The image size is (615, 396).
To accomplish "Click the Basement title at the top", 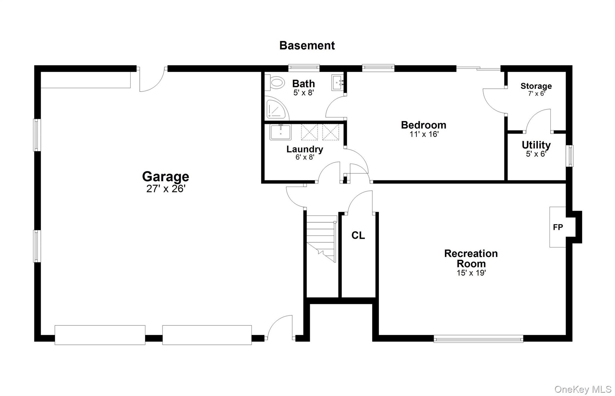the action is coord(307,45).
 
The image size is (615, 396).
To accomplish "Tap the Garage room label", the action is coord(165,177).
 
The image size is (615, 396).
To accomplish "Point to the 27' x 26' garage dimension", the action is coord(166,189).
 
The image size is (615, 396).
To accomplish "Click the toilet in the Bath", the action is coord(277,83).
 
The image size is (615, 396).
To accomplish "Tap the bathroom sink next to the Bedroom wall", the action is coord(338,82).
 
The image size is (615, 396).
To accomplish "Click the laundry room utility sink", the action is coord(280,132).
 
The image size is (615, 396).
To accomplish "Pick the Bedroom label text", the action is coord(423,125).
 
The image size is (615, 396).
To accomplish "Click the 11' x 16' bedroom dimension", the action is coord(424,134).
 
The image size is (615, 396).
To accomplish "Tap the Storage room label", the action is coord(536,86).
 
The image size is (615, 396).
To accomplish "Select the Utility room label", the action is coord(536,145).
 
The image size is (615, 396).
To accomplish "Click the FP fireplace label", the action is coord(558,227).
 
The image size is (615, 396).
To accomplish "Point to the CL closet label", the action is coord(358,235).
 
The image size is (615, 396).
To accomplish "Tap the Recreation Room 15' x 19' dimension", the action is coord(471,273).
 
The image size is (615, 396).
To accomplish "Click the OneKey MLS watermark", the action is coord(583,389).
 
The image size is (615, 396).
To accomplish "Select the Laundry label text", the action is coord(304,149).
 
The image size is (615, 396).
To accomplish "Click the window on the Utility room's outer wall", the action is coord(569,156).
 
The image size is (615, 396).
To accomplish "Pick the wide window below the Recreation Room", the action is coord(478,339).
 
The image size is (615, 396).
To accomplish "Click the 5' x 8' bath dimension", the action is coord(304,93).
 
